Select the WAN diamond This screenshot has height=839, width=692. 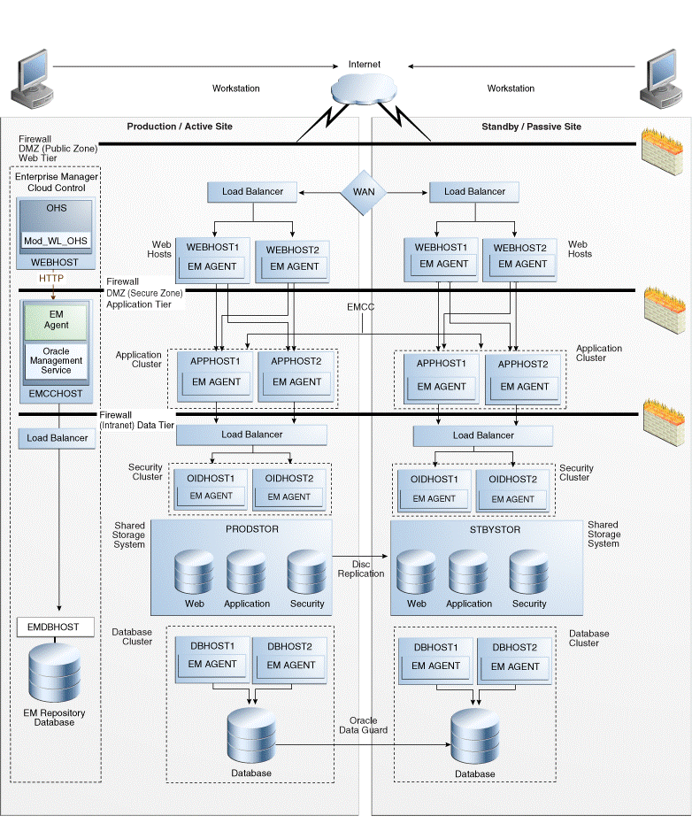(x=364, y=191)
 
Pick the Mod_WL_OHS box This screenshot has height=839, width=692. (x=56, y=240)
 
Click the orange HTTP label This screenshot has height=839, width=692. (x=51, y=279)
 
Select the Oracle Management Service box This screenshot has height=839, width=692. (x=56, y=360)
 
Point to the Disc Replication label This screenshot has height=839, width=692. (x=361, y=568)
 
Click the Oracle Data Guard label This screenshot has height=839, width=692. (x=363, y=725)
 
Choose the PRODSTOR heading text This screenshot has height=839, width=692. (x=240, y=530)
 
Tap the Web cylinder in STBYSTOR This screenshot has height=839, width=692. (x=416, y=573)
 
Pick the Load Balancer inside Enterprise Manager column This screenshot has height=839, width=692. (x=58, y=438)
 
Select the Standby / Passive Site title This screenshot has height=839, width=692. (x=531, y=127)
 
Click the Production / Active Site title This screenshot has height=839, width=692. (x=180, y=127)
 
